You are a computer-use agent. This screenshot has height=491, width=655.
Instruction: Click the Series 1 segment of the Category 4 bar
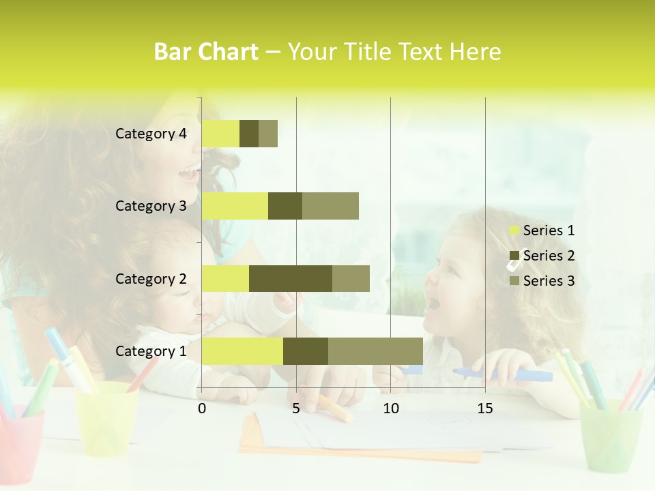[220, 134]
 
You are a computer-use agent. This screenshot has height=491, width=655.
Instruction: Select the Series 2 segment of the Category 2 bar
[291, 278]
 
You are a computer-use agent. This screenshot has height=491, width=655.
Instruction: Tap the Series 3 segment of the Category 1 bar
[375, 351]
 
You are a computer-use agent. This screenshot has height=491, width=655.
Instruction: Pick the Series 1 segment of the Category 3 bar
[235, 206]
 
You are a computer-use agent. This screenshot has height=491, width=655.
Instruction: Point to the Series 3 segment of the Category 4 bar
[268, 134]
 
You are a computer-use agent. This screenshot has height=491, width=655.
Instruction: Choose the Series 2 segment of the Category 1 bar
[306, 351]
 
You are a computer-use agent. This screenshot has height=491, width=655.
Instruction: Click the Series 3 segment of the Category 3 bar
[330, 206]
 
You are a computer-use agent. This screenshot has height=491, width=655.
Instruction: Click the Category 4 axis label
[151, 134]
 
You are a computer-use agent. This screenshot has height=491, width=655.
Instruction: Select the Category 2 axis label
[151, 278]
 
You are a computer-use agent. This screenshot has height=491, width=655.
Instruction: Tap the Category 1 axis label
[151, 351]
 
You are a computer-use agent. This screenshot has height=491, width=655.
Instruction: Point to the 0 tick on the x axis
[202, 408]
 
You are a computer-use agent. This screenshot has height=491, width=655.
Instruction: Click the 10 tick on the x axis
[390, 408]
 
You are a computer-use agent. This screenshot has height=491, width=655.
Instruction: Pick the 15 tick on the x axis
[485, 408]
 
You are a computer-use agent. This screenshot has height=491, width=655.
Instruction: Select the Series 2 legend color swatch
[514, 256]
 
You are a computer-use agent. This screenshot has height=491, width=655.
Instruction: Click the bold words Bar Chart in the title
[206, 52]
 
